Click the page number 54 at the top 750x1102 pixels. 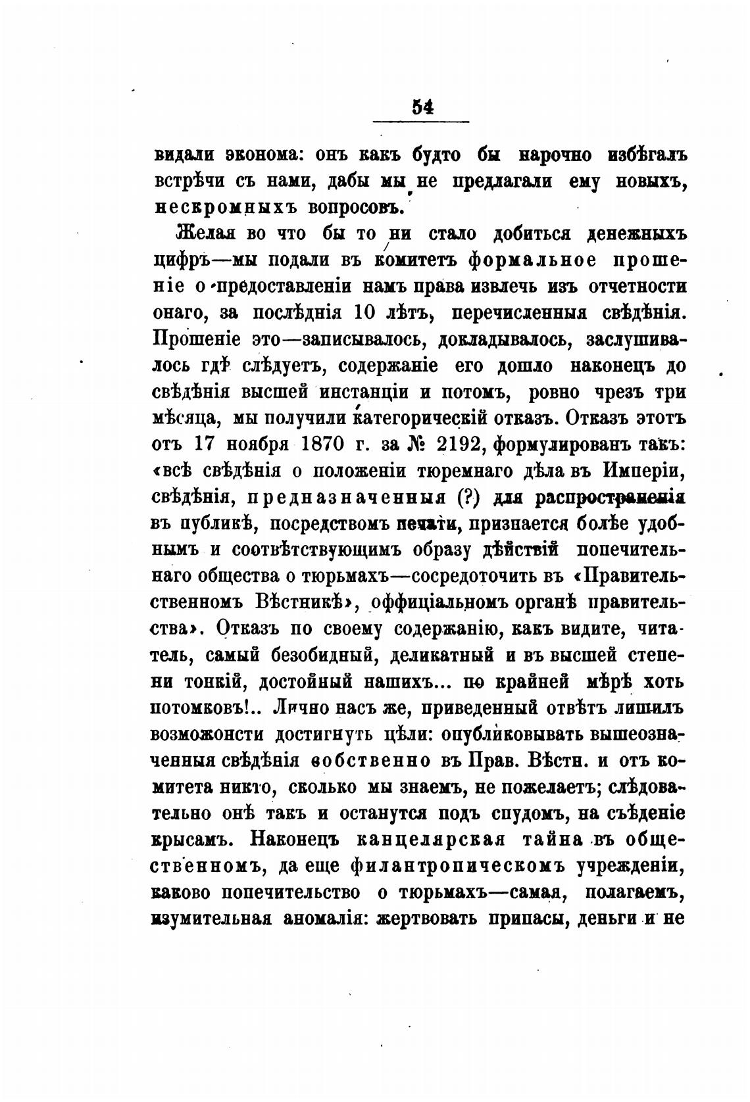(421, 107)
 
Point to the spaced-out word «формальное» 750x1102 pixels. (524, 260)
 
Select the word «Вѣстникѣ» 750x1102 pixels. (301, 603)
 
